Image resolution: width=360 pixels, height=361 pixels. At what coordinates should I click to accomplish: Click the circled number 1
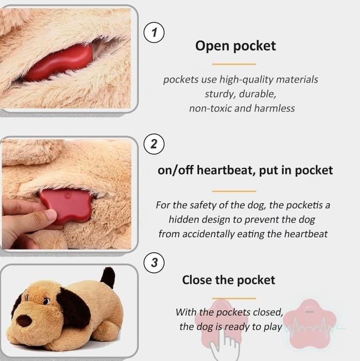pyautogui.click(x=154, y=32)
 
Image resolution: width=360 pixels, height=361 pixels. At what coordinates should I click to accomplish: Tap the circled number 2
pyautogui.click(x=154, y=144)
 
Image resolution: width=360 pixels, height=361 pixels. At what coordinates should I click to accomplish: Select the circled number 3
pyautogui.click(x=154, y=262)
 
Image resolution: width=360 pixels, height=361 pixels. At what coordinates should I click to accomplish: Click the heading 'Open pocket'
pyautogui.click(x=235, y=46)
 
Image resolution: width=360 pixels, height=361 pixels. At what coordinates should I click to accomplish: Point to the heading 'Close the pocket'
pyautogui.click(x=229, y=280)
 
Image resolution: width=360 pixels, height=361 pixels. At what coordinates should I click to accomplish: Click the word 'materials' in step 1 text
pyautogui.click(x=297, y=79)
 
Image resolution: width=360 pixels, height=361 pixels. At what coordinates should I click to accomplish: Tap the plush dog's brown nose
pyautogui.click(x=24, y=320)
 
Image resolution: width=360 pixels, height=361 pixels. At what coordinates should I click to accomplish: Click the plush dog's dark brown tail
pyautogui.click(x=108, y=277)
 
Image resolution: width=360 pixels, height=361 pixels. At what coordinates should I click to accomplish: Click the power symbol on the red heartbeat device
pyautogui.click(x=68, y=196)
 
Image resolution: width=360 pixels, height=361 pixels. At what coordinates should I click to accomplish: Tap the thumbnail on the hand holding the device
pyautogui.click(x=51, y=215)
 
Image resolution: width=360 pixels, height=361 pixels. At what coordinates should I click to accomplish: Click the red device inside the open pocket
pyautogui.click(x=59, y=62)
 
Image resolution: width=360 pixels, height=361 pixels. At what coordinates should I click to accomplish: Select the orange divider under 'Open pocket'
pyautogui.click(x=234, y=64)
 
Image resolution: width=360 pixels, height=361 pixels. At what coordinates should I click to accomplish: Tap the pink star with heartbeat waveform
pyautogui.click(x=310, y=323)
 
